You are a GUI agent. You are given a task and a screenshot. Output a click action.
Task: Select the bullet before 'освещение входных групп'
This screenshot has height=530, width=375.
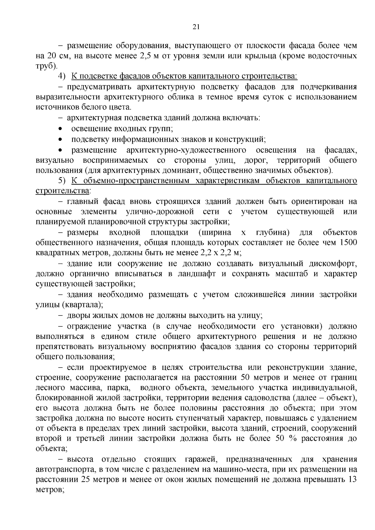pyautogui.click(x=60, y=129)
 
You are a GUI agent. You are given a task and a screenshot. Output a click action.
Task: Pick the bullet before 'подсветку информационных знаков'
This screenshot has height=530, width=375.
pyautogui.click(x=60, y=139)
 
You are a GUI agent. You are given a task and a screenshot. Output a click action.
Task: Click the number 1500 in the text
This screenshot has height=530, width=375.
pyautogui.click(x=348, y=243)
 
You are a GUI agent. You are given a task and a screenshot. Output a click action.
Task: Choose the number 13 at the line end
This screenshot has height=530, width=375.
pyautogui.click(x=352, y=480)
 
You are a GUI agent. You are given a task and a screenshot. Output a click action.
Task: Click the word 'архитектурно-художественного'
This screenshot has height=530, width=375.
pyautogui.click(x=186, y=150)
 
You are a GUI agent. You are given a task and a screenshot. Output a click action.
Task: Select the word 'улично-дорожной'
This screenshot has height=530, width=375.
pyautogui.click(x=160, y=212)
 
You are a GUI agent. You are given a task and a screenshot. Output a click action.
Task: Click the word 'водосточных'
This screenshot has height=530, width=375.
pyautogui.click(x=335, y=56)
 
